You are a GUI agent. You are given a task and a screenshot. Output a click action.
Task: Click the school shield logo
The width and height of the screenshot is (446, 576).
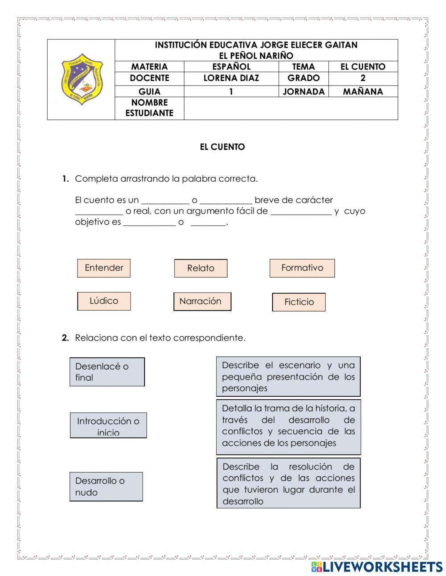point(82,79)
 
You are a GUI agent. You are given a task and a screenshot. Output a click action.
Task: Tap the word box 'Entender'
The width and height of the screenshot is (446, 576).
point(104,268)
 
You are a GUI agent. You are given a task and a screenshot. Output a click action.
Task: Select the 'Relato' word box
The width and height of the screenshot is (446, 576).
point(201,268)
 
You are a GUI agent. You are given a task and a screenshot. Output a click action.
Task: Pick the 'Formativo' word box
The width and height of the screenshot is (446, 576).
point(302,268)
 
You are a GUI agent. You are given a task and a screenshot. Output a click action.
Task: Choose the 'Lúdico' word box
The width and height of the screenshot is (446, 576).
point(104,301)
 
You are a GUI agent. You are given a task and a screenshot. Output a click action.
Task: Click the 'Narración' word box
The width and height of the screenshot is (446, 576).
point(202,302)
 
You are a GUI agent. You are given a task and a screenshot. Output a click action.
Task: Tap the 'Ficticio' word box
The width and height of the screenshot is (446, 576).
point(299,302)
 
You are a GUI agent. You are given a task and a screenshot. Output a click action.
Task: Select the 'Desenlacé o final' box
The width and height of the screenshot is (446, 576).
point(107,372)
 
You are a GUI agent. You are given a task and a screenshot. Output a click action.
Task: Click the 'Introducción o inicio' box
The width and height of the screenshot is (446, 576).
point(108,425)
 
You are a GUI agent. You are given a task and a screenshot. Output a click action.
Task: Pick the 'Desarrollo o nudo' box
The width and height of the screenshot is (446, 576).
point(106,486)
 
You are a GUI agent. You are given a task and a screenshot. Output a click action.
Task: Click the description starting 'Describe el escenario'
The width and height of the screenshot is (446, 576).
point(288,377)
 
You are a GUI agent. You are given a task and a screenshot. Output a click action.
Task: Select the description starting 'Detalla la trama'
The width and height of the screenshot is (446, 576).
point(288,427)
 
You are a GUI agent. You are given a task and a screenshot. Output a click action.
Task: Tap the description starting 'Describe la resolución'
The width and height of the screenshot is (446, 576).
point(288,483)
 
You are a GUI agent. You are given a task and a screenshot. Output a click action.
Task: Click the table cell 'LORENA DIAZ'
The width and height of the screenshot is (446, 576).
point(231,78)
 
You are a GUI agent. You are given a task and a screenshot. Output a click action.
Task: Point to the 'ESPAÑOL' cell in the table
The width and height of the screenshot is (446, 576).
point(231,66)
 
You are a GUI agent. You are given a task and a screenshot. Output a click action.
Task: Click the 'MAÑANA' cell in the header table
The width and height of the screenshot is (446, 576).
point(363,91)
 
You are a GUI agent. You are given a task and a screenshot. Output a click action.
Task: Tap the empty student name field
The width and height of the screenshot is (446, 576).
point(290,108)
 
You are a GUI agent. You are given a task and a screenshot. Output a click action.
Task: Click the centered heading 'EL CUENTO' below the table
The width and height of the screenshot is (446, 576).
point(222,147)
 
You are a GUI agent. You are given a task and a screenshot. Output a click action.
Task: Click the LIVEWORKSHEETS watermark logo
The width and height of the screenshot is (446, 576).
point(377,567)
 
